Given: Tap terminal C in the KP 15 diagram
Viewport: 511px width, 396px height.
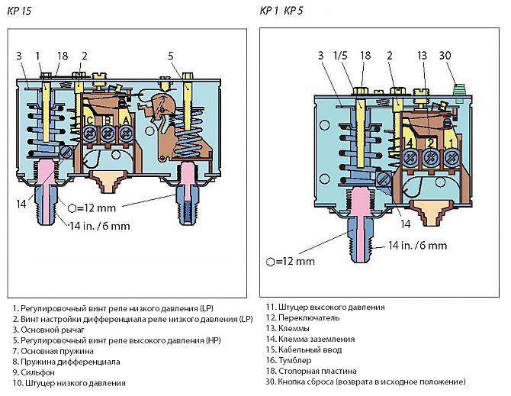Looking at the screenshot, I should [91, 121].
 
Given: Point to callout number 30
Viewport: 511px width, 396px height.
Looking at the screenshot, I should [455, 55].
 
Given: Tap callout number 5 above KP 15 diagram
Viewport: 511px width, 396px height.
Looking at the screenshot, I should [171, 55].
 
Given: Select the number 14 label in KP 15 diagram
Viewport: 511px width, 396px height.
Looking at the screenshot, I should [21, 203].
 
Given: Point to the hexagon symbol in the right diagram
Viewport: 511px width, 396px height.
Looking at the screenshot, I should [271, 262].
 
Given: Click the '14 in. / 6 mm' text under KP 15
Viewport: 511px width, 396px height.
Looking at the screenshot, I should [100, 227].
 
